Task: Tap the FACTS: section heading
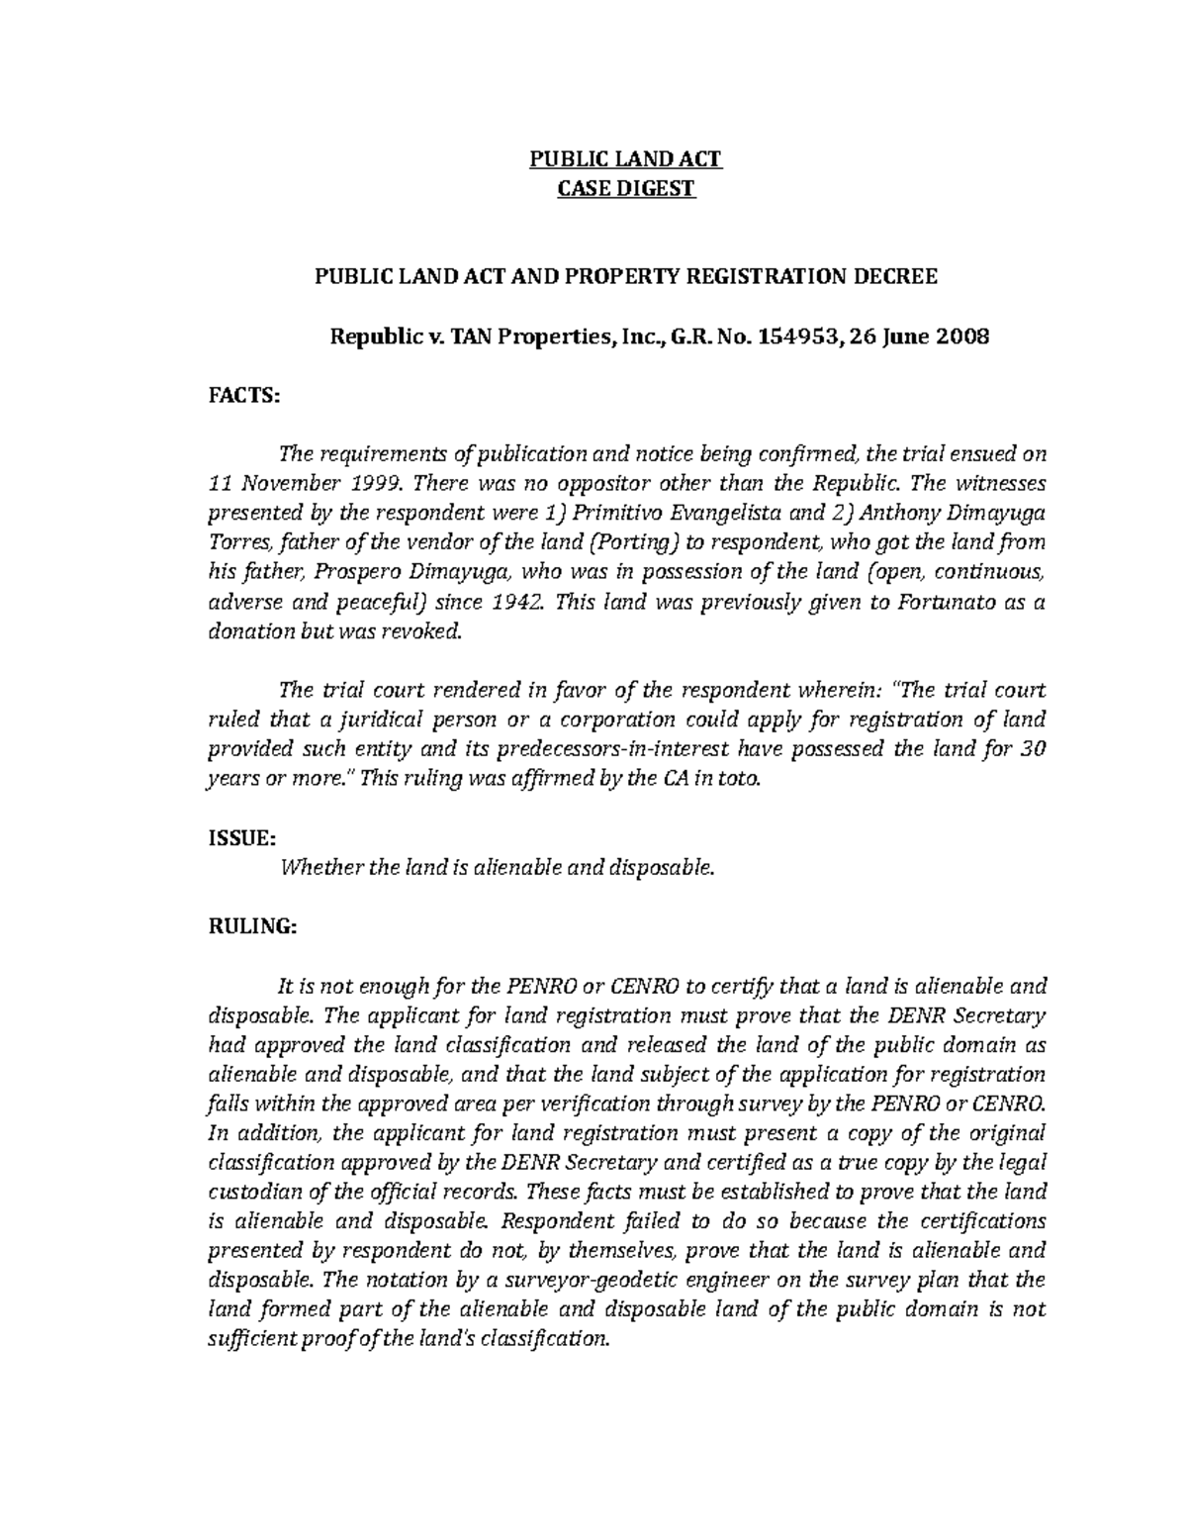244,396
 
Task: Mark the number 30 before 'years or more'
1033,749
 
